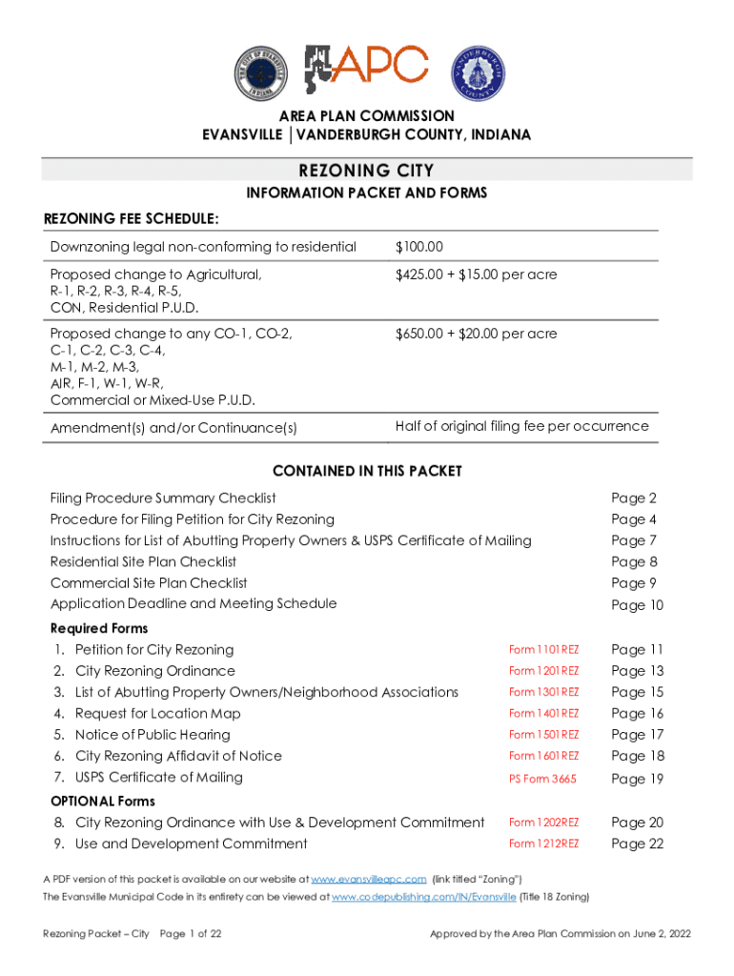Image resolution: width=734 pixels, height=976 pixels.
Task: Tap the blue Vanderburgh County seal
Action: [x=479, y=72]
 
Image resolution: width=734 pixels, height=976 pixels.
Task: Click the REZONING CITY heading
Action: [x=367, y=171]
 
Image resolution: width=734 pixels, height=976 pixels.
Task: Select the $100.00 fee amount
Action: [x=419, y=247]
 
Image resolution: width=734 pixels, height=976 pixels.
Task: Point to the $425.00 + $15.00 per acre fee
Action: [x=476, y=274]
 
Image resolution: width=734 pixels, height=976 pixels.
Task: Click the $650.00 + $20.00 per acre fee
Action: [x=476, y=334]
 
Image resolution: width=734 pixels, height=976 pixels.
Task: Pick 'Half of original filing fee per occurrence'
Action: [x=521, y=426]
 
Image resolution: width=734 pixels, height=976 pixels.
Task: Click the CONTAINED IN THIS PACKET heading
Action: [x=367, y=471]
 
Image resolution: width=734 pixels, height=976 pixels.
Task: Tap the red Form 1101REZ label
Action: [x=543, y=650]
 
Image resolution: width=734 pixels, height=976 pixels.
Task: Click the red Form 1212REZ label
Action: [x=543, y=844]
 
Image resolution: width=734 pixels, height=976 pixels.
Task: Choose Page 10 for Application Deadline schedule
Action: [x=637, y=605]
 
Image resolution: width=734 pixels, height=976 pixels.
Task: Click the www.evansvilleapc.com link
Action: [x=369, y=879]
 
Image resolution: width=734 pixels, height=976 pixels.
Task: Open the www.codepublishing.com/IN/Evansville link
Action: [x=423, y=897]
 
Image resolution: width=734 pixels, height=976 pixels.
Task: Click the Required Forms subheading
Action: [x=99, y=628]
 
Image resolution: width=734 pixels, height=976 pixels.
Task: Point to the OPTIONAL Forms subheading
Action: [x=102, y=801]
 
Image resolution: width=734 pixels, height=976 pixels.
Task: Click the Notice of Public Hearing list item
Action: [x=153, y=735]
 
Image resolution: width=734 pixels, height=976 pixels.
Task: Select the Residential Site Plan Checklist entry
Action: [x=143, y=561]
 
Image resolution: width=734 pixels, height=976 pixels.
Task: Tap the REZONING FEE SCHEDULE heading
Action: [x=132, y=220]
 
